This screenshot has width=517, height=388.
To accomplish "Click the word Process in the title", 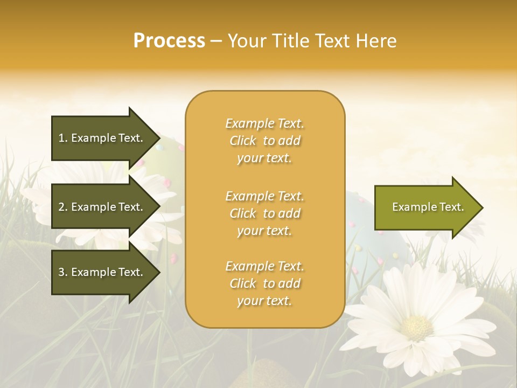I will point(169,41).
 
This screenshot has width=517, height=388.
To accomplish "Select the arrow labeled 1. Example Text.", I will point(101,138).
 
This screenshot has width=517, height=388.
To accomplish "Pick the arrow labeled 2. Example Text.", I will point(101,207).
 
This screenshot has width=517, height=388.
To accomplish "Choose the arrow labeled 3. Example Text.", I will point(101,272).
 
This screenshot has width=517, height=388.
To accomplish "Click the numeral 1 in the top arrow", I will point(61,138).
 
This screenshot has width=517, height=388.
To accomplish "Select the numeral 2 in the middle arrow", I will point(61,207).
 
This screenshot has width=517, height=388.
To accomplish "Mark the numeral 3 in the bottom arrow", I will point(61,272).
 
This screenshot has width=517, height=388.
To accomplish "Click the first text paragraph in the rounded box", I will point(264,141).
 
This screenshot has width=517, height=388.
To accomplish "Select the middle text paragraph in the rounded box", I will point(264,213).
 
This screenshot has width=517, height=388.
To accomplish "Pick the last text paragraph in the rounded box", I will point(264,283).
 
